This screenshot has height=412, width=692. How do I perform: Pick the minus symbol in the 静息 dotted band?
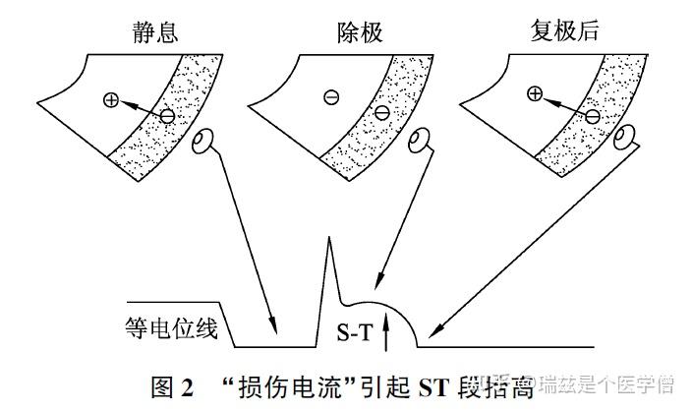[167, 116]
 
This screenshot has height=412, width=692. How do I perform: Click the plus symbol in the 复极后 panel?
[535, 94]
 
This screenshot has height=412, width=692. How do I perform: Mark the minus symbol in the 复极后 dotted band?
[593, 116]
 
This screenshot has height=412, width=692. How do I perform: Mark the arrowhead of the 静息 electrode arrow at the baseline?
[274, 329]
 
